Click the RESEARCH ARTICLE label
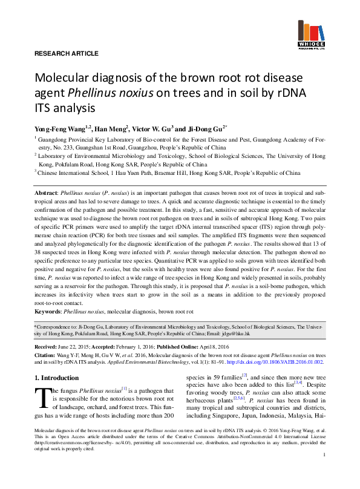[63, 54]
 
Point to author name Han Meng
[111, 128]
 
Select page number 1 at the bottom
[324, 471]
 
